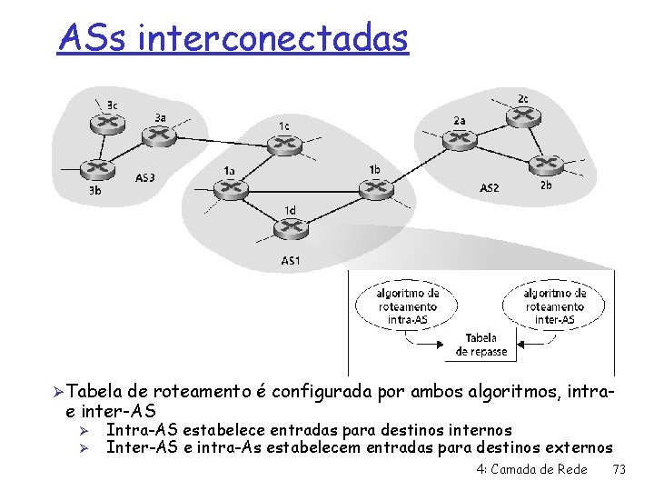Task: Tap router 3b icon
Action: [x=95, y=169]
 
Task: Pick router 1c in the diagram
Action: [x=282, y=143]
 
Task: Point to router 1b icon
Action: [x=374, y=188]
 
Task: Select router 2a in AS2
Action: [x=458, y=138]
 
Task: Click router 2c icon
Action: [x=523, y=116]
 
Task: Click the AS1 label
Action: [x=290, y=262]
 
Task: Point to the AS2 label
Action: [x=489, y=188]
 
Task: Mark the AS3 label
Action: [x=145, y=177]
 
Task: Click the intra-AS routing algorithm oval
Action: [x=409, y=306]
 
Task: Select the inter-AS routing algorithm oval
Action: [x=554, y=306]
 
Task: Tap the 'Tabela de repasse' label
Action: [x=481, y=345]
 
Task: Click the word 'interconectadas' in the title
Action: [x=275, y=38]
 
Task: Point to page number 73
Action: [x=619, y=469]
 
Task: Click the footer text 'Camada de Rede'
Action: [x=538, y=469]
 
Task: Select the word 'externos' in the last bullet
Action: [x=579, y=447]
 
